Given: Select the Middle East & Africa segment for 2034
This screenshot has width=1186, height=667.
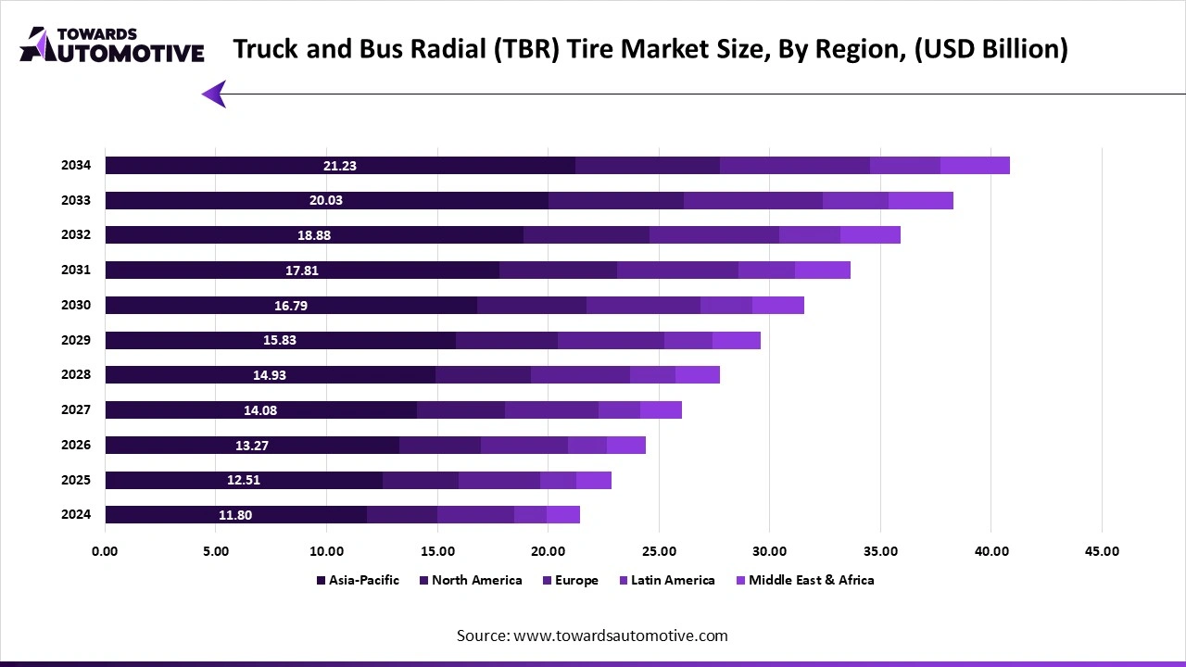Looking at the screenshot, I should (x=975, y=166).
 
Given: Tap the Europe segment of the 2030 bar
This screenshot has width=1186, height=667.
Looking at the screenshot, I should (x=643, y=306).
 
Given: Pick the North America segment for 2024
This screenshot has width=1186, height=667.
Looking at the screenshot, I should (x=402, y=515).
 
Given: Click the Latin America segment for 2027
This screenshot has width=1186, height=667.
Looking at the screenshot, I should (x=619, y=410).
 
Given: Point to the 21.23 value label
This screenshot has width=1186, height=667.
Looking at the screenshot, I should (x=340, y=166).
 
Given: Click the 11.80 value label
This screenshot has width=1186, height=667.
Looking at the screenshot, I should (x=235, y=515).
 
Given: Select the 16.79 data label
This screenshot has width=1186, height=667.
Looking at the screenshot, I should (x=291, y=306).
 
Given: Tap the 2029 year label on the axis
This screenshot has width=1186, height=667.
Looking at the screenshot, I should (x=76, y=340).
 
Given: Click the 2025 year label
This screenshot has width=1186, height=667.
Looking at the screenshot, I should (x=76, y=480).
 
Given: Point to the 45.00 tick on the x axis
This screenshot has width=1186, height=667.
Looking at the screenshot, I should (x=1101, y=551).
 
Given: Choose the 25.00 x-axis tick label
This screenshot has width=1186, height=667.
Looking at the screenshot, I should (x=658, y=551).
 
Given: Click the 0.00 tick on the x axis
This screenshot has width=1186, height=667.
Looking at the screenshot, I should (x=105, y=551).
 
